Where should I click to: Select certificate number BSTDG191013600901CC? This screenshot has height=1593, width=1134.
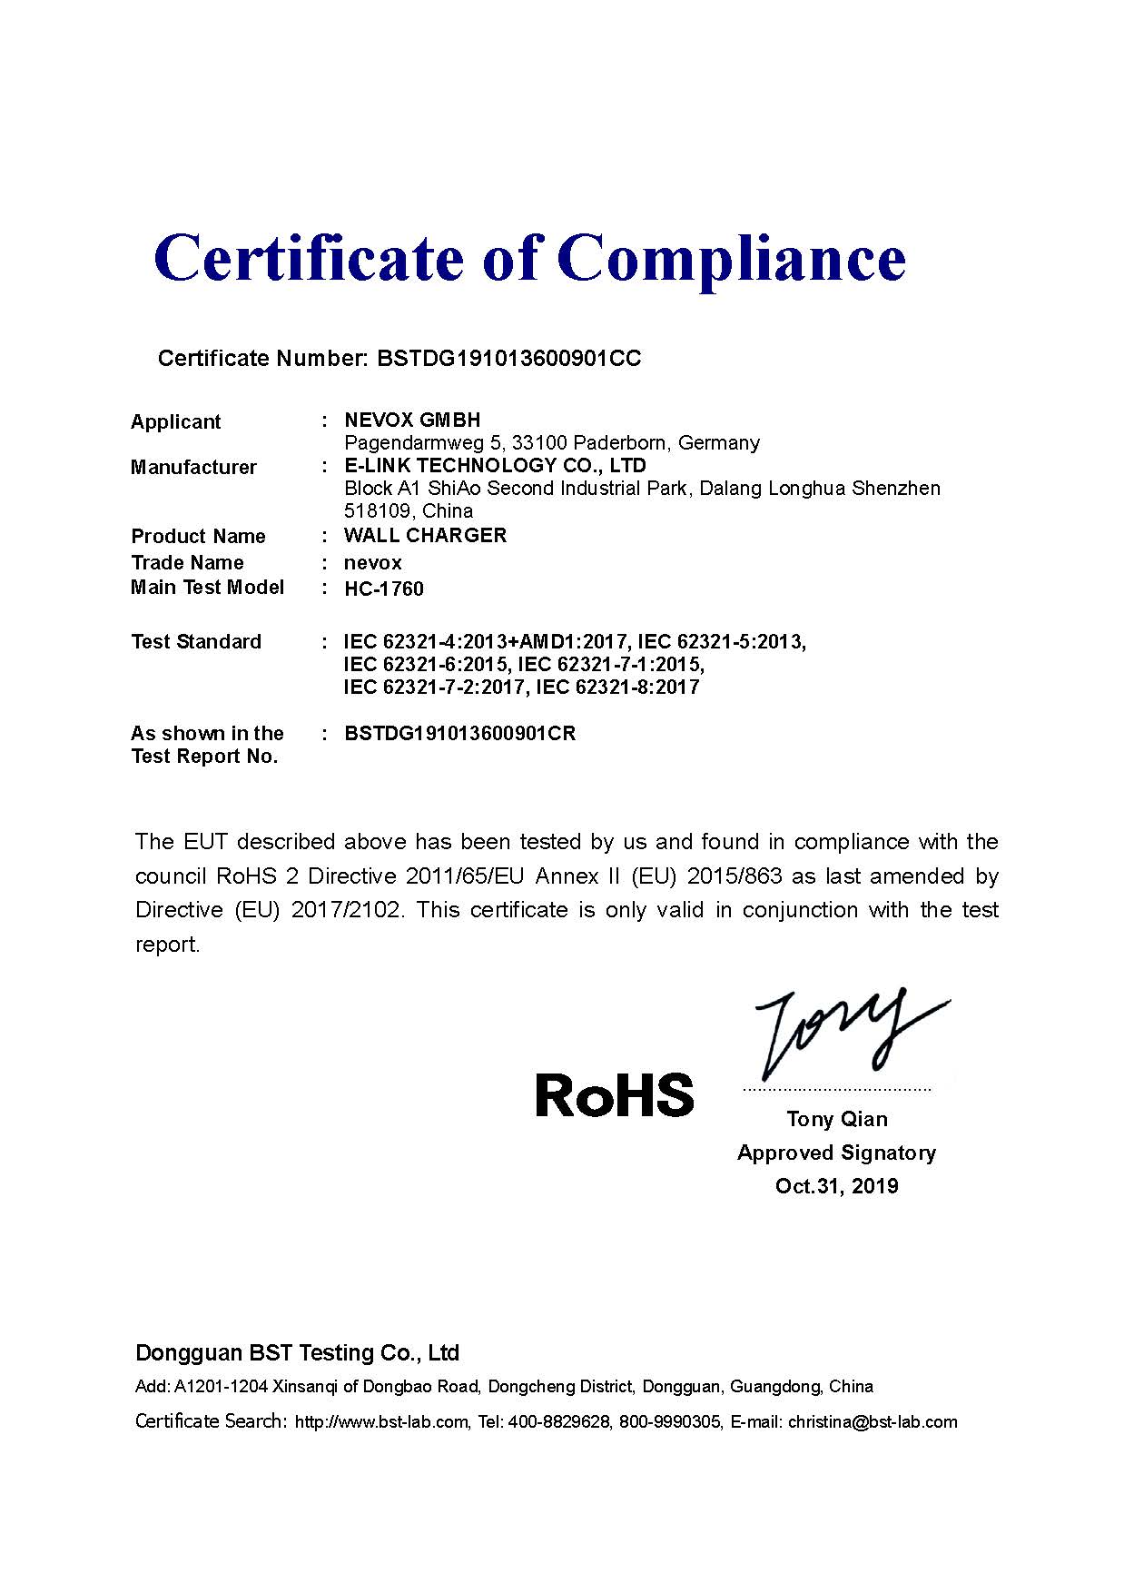click(508, 359)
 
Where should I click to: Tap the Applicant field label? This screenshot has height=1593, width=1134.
click(175, 421)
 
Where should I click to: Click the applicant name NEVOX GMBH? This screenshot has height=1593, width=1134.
click(412, 420)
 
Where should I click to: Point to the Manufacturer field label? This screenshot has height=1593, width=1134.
click(193, 467)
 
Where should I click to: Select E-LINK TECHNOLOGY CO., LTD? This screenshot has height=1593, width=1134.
click(495, 465)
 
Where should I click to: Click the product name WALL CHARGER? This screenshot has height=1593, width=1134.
click(425, 535)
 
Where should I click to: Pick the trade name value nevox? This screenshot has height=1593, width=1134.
click(372, 562)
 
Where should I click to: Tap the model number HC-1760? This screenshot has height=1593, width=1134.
click(383, 589)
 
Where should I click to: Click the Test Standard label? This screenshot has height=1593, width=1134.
click(196, 641)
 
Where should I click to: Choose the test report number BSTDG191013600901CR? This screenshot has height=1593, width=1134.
click(459, 733)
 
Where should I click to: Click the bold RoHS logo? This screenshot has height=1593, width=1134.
click(614, 1095)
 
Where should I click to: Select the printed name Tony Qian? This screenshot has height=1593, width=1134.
click(836, 1119)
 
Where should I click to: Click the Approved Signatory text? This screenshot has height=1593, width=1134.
click(836, 1153)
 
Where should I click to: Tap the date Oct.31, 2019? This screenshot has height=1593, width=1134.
click(836, 1185)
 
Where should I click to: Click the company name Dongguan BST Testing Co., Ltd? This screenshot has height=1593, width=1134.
click(297, 1353)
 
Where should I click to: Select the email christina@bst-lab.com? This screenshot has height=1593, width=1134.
click(873, 1422)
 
